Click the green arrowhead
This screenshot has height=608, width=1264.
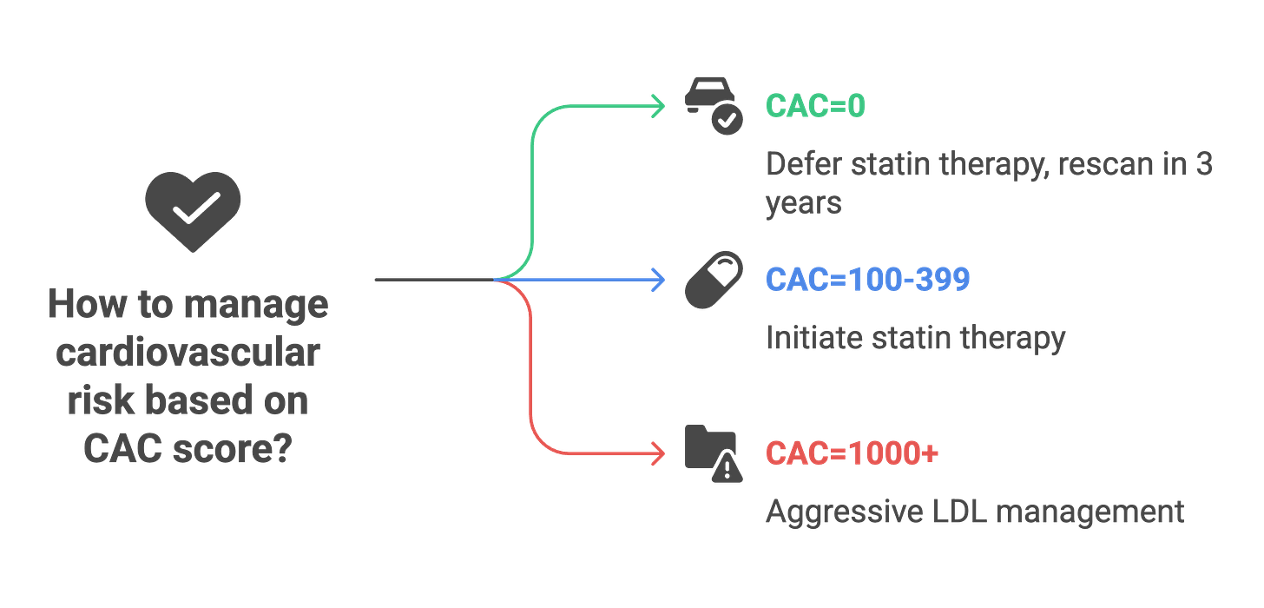660,106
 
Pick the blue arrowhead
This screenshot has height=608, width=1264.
660,280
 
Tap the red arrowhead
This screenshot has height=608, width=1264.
660,453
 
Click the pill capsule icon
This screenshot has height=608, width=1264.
714,280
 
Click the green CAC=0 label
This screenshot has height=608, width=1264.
815,106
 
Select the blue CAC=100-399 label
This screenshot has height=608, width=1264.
867,280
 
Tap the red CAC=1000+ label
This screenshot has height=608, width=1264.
852,453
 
